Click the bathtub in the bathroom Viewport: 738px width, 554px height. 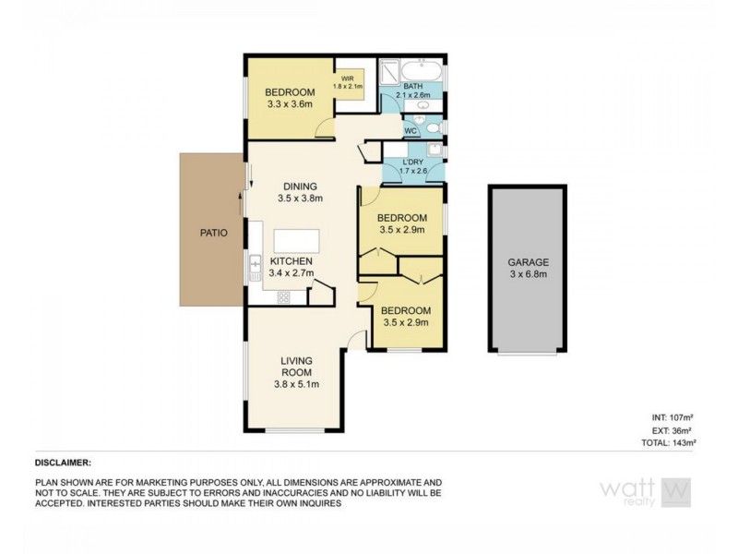[x=426, y=70]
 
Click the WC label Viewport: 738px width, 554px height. [x=411, y=131]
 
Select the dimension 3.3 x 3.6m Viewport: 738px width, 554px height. [x=291, y=105]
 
